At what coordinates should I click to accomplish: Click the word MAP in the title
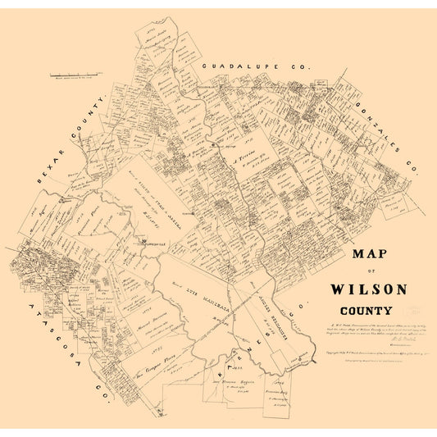(x=371, y=256)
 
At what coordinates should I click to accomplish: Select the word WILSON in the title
(x=369, y=289)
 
